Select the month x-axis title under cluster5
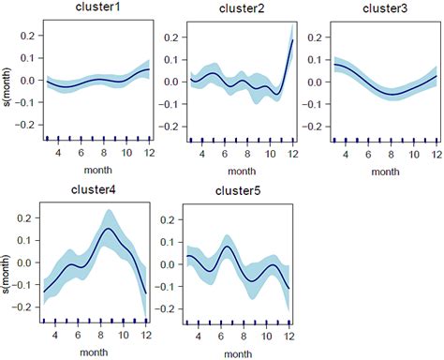(x=241, y=352)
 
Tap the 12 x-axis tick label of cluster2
(x=292, y=154)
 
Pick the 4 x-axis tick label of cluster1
(x=58, y=154)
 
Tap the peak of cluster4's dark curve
(x=109, y=229)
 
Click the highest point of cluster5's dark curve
(x=228, y=247)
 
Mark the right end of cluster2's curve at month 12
(x=292, y=40)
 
